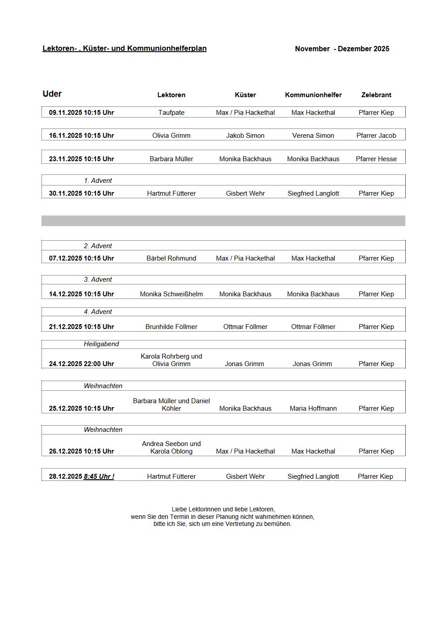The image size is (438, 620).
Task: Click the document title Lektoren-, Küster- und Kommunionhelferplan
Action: [x=124, y=49]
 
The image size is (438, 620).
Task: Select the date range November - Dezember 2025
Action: [x=342, y=49]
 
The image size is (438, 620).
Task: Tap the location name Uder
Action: [x=52, y=94]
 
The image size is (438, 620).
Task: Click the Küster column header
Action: [x=245, y=95]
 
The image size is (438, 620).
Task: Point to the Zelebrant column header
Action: [x=376, y=95]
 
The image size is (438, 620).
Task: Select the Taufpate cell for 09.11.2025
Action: [x=171, y=113]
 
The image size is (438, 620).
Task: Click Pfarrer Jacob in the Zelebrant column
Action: [x=376, y=136]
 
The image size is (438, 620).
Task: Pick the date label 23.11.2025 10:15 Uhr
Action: [x=81, y=159]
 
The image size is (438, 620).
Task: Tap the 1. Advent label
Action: [x=98, y=181]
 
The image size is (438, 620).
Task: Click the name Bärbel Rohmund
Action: [x=171, y=258]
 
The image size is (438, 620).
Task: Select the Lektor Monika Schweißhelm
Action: [x=171, y=294]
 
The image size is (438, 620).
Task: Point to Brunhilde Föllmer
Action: [x=171, y=327]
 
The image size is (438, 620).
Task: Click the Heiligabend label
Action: [x=101, y=344]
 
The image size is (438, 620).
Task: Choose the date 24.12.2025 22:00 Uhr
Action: [x=81, y=364]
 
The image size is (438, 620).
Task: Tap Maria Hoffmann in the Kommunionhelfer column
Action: [x=313, y=408]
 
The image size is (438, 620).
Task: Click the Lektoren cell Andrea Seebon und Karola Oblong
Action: [x=171, y=447]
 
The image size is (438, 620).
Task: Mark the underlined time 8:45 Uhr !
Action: [x=99, y=476]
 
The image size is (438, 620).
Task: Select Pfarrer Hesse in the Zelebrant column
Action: [x=376, y=159]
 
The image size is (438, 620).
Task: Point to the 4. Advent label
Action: [x=98, y=312]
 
